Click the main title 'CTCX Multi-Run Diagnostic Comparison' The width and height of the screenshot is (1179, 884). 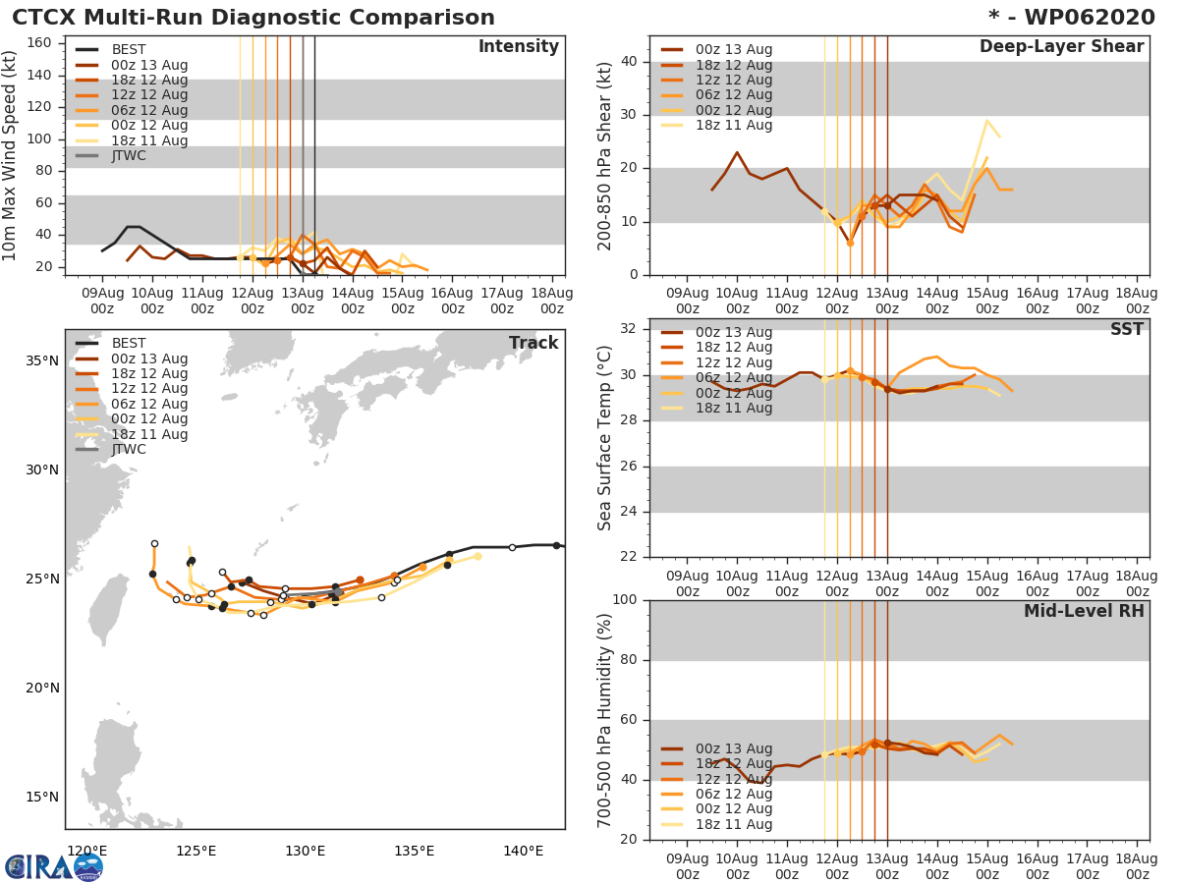(x=253, y=18)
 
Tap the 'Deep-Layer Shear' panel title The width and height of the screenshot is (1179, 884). (x=1061, y=47)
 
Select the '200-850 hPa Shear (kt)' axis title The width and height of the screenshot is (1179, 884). (x=605, y=155)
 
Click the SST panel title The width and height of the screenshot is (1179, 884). (x=1126, y=330)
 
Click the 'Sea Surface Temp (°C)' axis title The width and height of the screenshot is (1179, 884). (x=605, y=437)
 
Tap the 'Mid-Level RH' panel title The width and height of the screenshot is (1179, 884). (x=1083, y=612)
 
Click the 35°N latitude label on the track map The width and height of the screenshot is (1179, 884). (x=40, y=360)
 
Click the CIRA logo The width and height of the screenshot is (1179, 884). (x=54, y=866)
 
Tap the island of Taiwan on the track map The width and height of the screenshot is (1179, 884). (x=102, y=610)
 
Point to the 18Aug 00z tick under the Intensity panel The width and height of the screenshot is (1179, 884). (x=552, y=301)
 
